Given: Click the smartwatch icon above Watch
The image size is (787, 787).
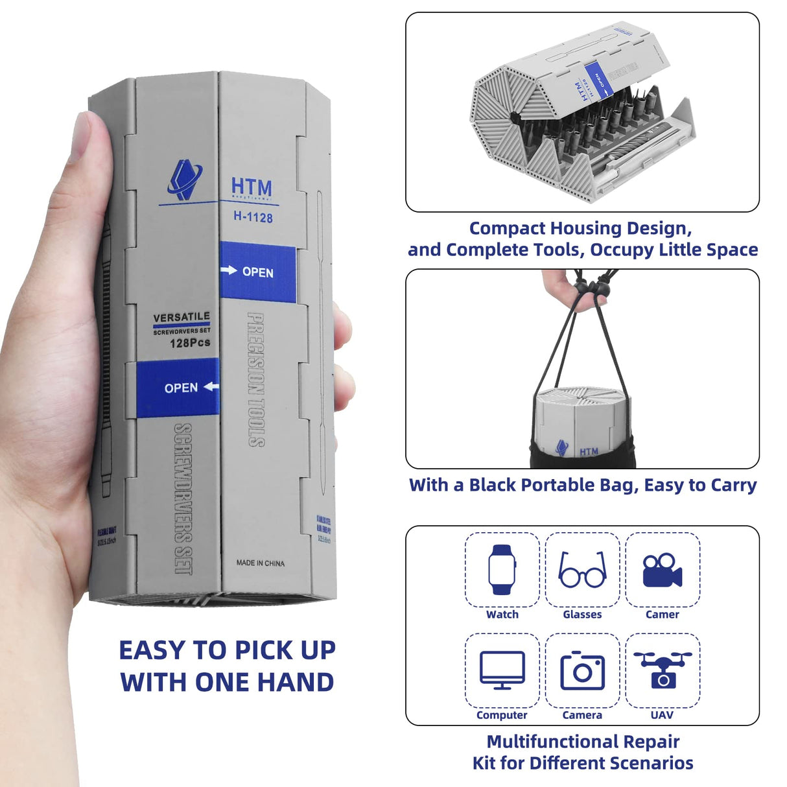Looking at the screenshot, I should click(x=502, y=569).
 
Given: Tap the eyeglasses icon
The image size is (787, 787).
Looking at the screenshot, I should click(x=582, y=570).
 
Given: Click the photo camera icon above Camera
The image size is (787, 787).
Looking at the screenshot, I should click(x=582, y=671).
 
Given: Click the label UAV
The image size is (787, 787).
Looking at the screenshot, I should click(x=662, y=715).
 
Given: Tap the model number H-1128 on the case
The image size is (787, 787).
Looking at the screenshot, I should click(x=253, y=217).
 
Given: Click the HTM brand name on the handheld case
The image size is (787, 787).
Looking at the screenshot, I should click(x=252, y=187).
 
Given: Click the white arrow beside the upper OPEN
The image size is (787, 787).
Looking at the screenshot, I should click(x=229, y=270).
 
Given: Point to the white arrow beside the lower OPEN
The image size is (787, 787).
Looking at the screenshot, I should click(x=211, y=387).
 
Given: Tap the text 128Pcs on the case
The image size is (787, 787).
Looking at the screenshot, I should click(x=190, y=343).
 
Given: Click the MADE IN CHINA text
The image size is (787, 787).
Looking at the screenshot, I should click(x=260, y=563).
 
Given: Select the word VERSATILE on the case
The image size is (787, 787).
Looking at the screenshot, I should click(x=182, y=317).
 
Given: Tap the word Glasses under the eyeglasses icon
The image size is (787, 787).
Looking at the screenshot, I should click(x=582, y=615).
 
